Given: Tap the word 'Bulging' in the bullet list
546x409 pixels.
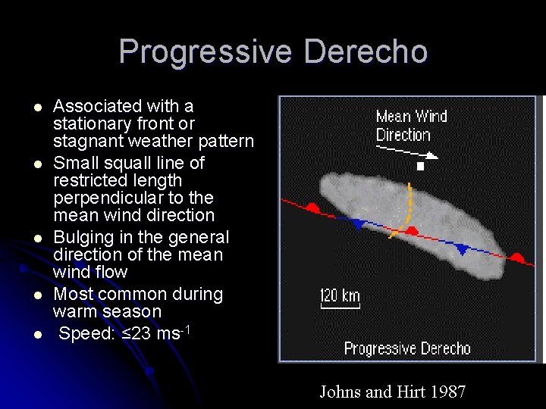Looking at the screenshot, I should pos(82,237).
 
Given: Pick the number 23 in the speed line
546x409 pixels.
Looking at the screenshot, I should pos(141,333).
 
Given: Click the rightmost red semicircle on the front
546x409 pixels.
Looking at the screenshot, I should pos(517,258).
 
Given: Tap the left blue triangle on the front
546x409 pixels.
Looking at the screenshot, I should pos(358,223).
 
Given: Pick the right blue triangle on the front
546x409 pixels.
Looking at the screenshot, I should pos(462,248).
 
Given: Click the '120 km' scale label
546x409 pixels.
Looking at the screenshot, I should pos(340,295).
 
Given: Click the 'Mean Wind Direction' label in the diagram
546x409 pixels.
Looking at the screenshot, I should pos(411,126).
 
